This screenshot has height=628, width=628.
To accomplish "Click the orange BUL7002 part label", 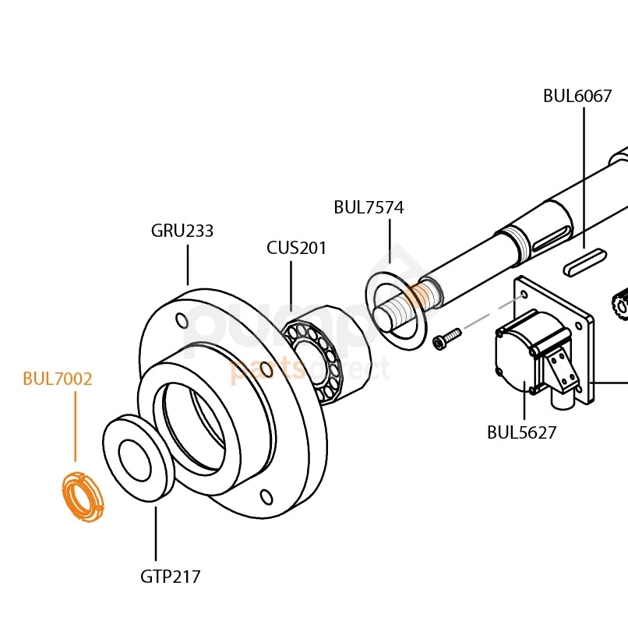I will click(x=58, y=379).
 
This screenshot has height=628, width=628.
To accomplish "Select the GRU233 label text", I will click(x=182, y=231).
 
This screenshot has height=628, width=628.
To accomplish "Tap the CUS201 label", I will click(x=297, y=248).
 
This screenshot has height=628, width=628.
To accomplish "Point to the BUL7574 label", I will click(x=369, y=207).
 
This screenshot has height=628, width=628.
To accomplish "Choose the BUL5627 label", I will click(x=522, y=432).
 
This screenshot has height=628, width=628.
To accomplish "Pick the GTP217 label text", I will click(x=171, y=577).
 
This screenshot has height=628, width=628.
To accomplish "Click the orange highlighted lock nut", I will click(x=81, y=497).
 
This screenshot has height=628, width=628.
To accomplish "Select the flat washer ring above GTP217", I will click(x=136, y=460).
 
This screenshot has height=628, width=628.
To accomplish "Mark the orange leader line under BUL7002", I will click(x=76, y=429).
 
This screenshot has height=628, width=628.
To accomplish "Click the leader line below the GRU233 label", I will click(x=188, y=265).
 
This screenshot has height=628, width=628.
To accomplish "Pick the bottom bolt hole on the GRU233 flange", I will click(x=266, y=496).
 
